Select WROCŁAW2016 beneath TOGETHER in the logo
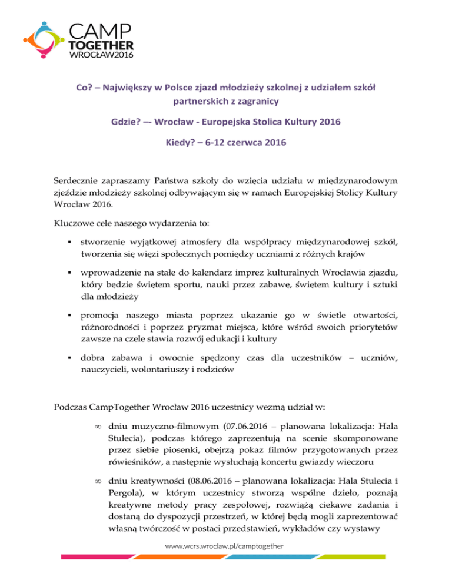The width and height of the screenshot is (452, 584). pyautogui.click(x=102, y=56)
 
